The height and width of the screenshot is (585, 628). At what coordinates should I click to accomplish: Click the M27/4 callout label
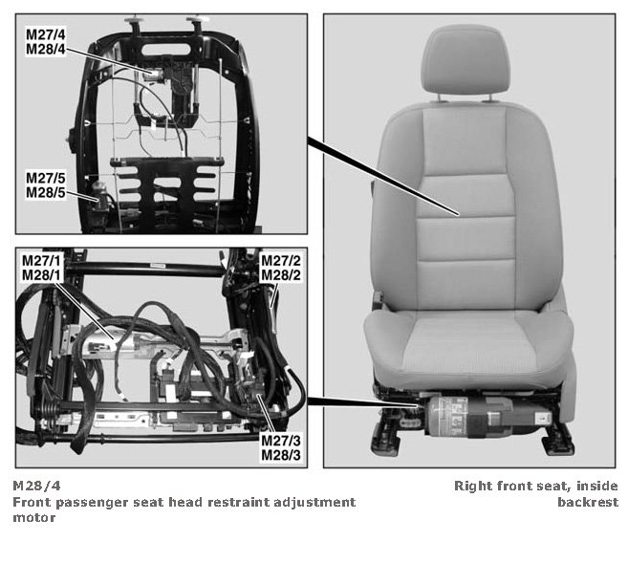pyautogui.click(x=46, y=34)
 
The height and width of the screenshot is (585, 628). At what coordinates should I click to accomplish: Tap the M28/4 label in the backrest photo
pyautogui.click(x=46, y=49)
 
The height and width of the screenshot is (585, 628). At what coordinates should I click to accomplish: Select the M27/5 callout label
pyautogui.click(x=46, y=178)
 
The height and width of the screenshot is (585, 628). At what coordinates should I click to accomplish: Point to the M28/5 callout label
pyautogui.click(x=46, y=192)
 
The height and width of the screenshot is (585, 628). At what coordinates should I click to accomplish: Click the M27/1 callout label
pyautogui.click(x=42, y=261)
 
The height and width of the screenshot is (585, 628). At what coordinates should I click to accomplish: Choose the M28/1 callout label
pyautogui.click(x=42, y=275)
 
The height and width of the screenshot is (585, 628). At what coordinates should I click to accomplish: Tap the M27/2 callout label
pyautogui.click(x=281, y=261)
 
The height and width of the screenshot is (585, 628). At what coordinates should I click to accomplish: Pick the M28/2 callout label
pyautogui.click(x=281, y=275)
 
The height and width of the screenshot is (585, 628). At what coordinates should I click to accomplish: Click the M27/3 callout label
pyautogui.click(x=281, y=441)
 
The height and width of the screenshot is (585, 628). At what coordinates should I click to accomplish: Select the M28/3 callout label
pyautogui.click(x=281, y=455)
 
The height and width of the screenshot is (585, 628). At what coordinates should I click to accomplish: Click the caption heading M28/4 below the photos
pyautogui.click(x=37, y=486)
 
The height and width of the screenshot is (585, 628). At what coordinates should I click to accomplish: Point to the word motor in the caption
pyautogui.click(x=34, y=518)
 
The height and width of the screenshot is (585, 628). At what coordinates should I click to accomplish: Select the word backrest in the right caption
pyautogui.click(x=588, y=502)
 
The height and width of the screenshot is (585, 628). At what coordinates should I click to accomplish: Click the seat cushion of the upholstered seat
pyautogui.click(x=468, y=344)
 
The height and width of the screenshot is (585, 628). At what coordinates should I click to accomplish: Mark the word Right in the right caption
pyautogui.click(x=473, y=487)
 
